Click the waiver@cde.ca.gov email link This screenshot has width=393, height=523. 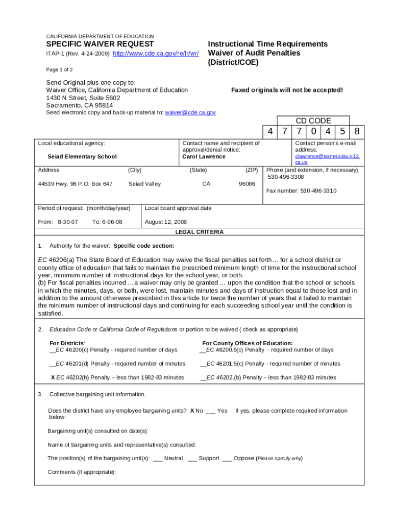point(190,112)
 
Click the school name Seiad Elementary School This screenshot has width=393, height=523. point(82,157)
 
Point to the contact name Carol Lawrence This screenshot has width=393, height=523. point(204,157)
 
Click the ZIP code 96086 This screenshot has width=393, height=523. point(247,184)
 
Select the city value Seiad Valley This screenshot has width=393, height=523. point(144,184)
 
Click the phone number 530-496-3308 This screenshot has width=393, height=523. point(286,177)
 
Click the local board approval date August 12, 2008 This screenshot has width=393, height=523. point(166,222)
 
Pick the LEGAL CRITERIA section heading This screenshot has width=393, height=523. point(199,232)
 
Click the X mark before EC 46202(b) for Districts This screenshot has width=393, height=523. point(53,377)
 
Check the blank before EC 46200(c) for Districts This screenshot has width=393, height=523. point(52,350)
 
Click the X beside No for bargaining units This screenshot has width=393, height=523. point(192,411)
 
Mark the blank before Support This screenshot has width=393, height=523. point(192,459)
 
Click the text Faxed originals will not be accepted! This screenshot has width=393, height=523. point(287,90)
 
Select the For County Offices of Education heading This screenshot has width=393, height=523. point(248,343)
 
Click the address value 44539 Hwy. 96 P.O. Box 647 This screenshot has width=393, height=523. point(76,184)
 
